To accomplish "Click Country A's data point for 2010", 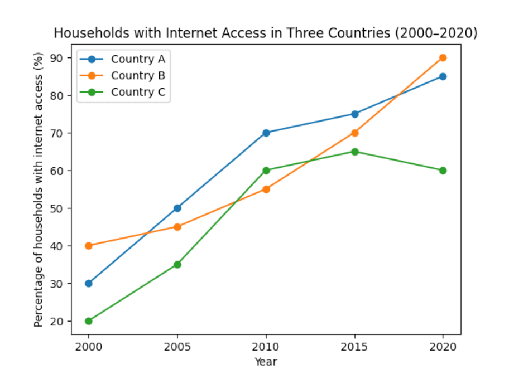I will [x=266, y=133].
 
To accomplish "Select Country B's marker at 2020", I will [x=443, y=57].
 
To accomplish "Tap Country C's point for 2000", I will [x=89, y=321].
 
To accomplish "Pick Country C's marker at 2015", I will [x=354, y=152].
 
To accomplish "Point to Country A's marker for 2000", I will [x=89, y=283].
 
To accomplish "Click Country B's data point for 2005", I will [x=177, y=227].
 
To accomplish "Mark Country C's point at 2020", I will [x=443, y=171].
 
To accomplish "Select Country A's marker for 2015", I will [x=354, y=114].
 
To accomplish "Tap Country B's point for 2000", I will [x=89, y=246].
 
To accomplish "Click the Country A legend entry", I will [x=137, y=59].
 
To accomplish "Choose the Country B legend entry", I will [x=137, y=76].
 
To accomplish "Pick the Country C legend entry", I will [x=137, y=93].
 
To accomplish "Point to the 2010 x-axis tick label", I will [x=266, y=346].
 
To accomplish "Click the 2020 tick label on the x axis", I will [x=443, y=346].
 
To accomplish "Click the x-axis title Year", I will [x=266, y=362].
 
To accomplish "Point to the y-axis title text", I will [x=39, y=189].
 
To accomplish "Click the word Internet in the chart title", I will [x=168, y=33].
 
